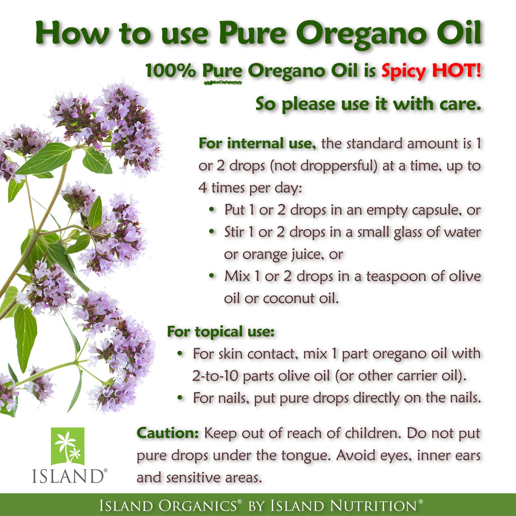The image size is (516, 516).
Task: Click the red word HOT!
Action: pyautogui.click(x=456, y=71)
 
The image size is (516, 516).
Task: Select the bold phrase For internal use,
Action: pyautogui.click(x=257, y=143)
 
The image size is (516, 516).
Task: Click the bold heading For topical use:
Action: pyautogui.click(x=221, y=332)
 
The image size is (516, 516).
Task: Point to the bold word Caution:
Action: pyautogui.click(x=168, y=433)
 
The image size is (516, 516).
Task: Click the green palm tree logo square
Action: pyautogui.click(x=68, y=446)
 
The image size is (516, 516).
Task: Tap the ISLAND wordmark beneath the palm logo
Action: pyautogui.click(x=68, y=476)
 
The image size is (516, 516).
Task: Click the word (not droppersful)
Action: pyautogui.click(x=324, y=166)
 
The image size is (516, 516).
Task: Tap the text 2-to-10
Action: pyautogui.click(x=215, y=376)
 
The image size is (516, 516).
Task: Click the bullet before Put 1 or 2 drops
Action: pyautogui.click(x=212, y=209)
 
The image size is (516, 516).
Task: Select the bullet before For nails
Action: pyautogui.click(x=180, y=398)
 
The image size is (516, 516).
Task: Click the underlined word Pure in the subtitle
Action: pyautogui.click(x=222, y=71)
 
